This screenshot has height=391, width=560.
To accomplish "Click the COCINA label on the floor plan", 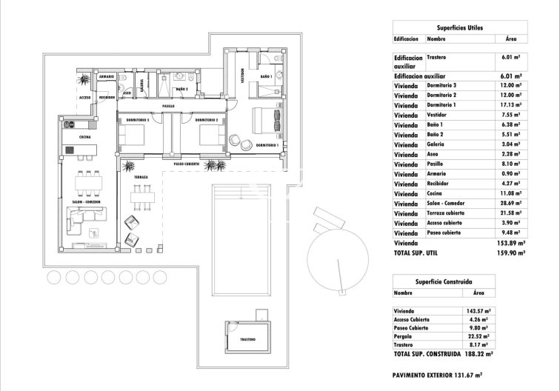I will pos(85,137).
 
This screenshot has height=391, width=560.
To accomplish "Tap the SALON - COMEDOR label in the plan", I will pos(86,201).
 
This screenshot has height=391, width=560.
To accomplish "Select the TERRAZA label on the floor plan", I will pos(141,178).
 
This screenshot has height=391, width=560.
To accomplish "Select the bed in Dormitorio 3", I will pos(133,136).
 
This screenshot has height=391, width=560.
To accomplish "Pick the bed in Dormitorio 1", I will pos(264,120).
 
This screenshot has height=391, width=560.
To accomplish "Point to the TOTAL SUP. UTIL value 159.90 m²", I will pos(511,253).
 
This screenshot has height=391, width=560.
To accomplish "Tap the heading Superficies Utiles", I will pos(459,27).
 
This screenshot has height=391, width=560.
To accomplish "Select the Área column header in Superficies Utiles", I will pos(510,39).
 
